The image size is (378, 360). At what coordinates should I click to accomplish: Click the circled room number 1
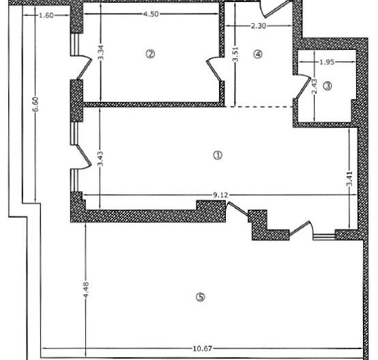[218, 155]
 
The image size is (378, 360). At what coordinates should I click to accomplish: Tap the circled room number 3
[328, 86]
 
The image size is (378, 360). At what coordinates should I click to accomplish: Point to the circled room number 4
[258, 55]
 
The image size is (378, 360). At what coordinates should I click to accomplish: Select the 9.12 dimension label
[220, 195]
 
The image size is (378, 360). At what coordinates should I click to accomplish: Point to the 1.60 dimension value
[46, 14]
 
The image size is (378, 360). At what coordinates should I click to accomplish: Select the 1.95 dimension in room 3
[328, 62]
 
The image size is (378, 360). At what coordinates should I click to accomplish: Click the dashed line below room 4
[260, 107]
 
